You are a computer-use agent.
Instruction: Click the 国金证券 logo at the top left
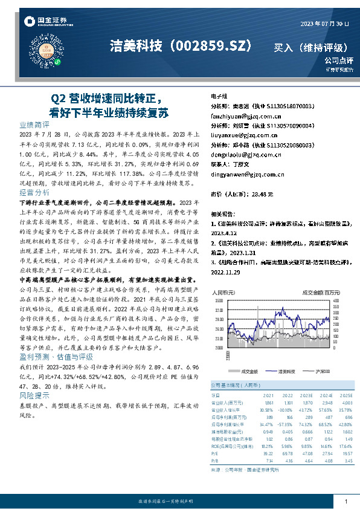(45, 21)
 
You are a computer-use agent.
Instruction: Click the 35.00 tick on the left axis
(218, 300)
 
